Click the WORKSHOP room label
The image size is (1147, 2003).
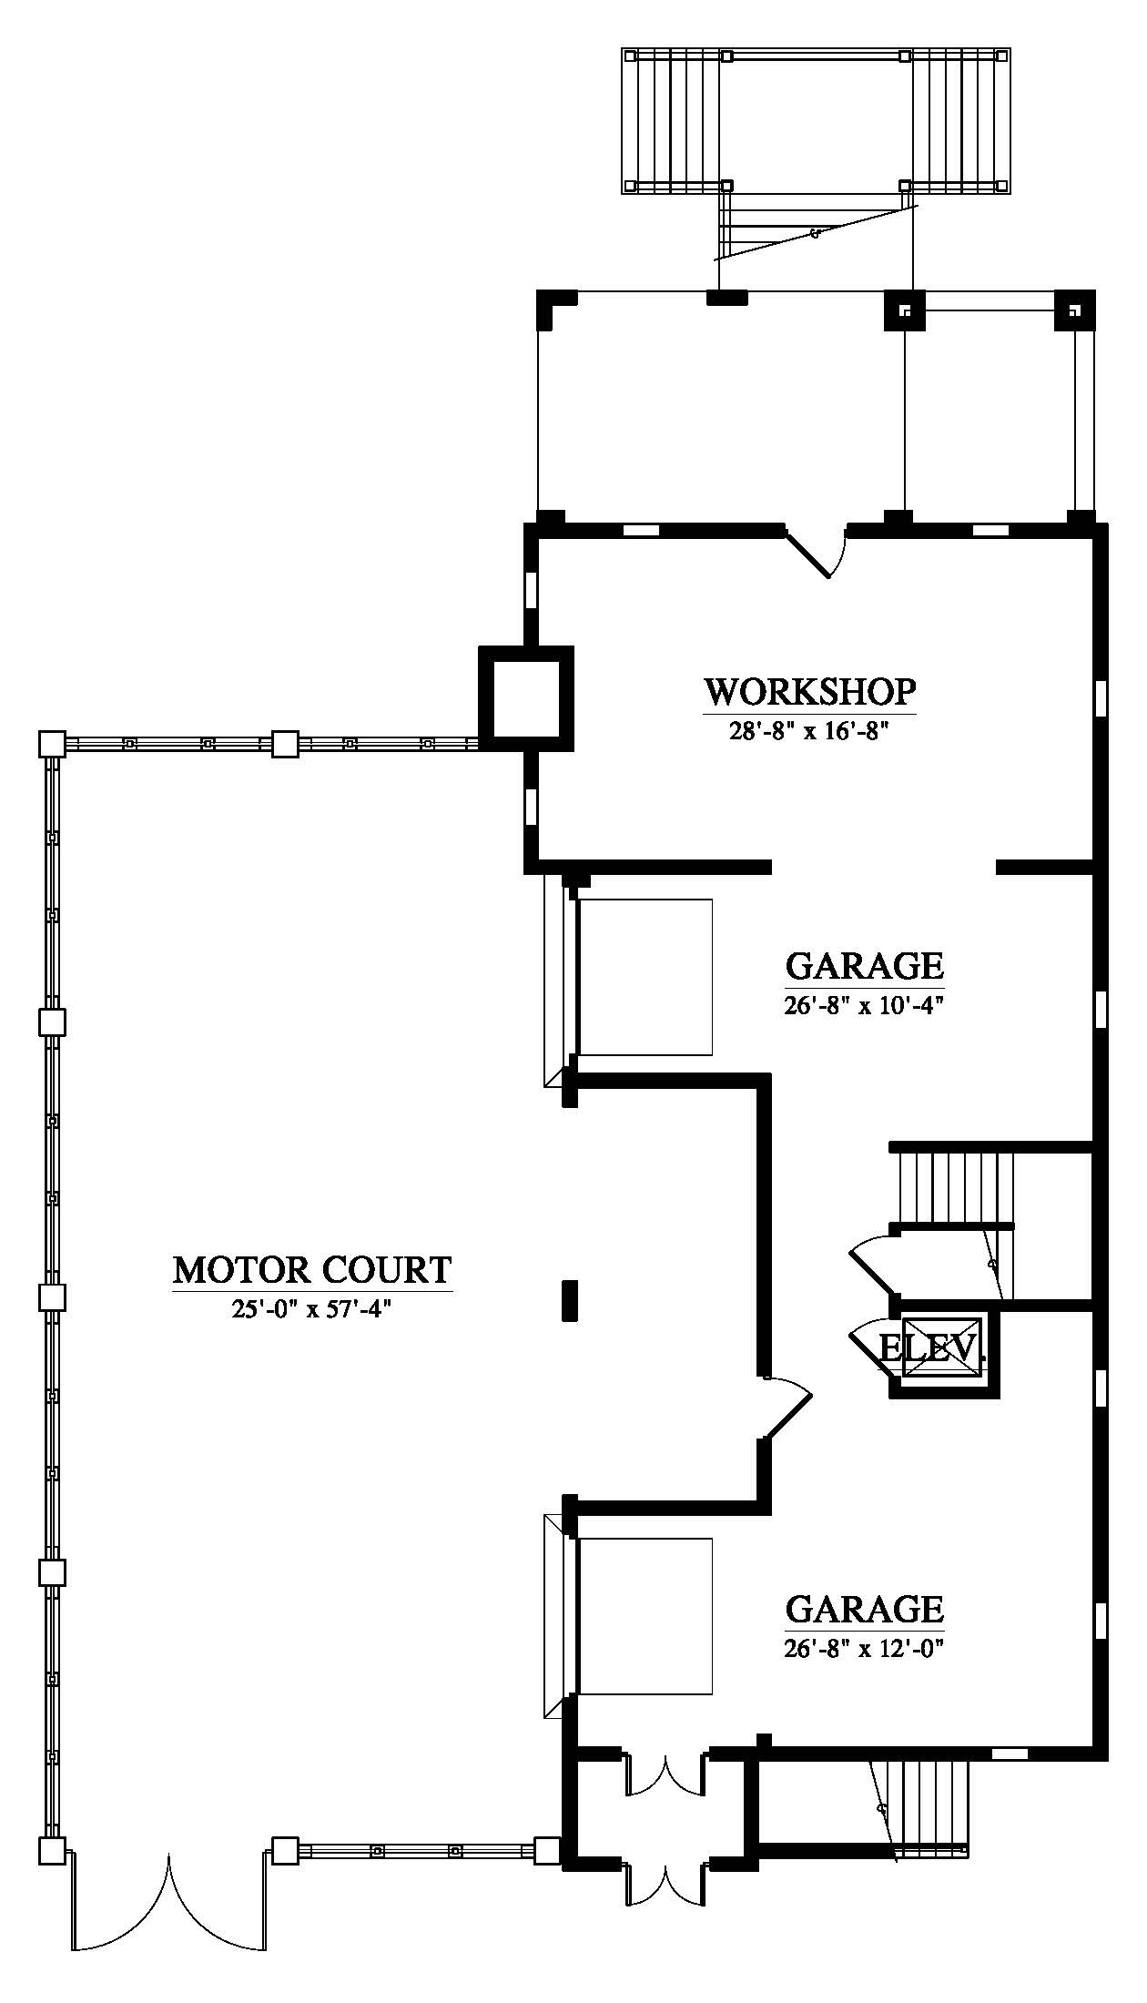click(809, 692)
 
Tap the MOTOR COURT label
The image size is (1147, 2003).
click(312, 1269)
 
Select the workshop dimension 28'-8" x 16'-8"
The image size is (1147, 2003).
click(809, 732)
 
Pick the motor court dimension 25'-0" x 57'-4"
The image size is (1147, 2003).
click(311, 1310)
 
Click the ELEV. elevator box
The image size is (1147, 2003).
click(944, 1347)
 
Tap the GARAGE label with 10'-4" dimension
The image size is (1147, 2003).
click(864, 965)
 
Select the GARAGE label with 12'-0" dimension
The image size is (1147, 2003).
click(864, 1609)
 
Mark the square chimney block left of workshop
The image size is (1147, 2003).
click(526, 698)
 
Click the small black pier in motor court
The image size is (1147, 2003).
click(570, 1300)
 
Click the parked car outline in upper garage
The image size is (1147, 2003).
click(645, 977)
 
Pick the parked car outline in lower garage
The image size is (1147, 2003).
click(645, 1616)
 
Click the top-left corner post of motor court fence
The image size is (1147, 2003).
click(52, 744)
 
